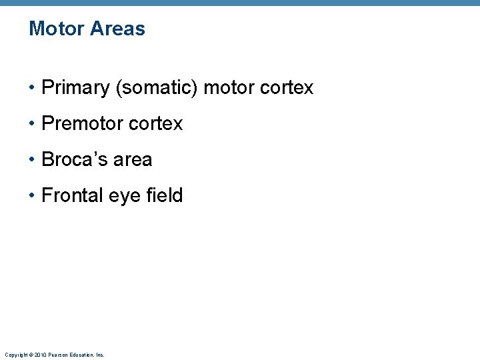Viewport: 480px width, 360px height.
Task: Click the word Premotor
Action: (83, 124)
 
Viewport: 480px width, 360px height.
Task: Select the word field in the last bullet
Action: (165, 196)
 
